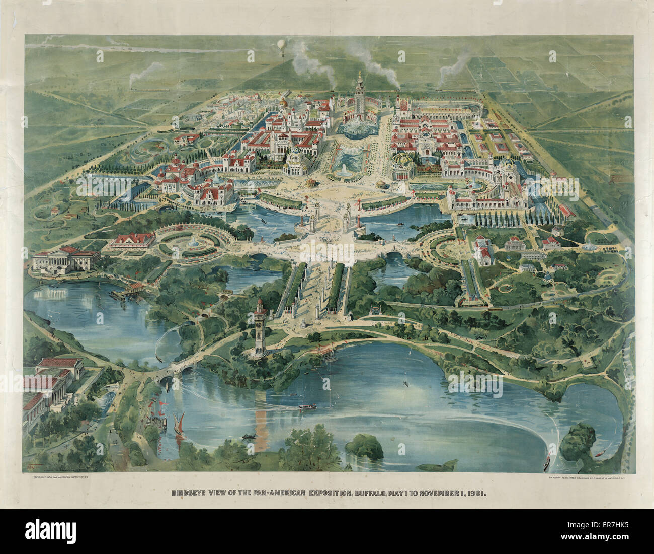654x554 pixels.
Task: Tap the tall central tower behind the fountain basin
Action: coord(360,96)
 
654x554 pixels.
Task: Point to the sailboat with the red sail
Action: coord(180,421)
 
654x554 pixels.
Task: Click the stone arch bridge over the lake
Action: coord(177,370)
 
